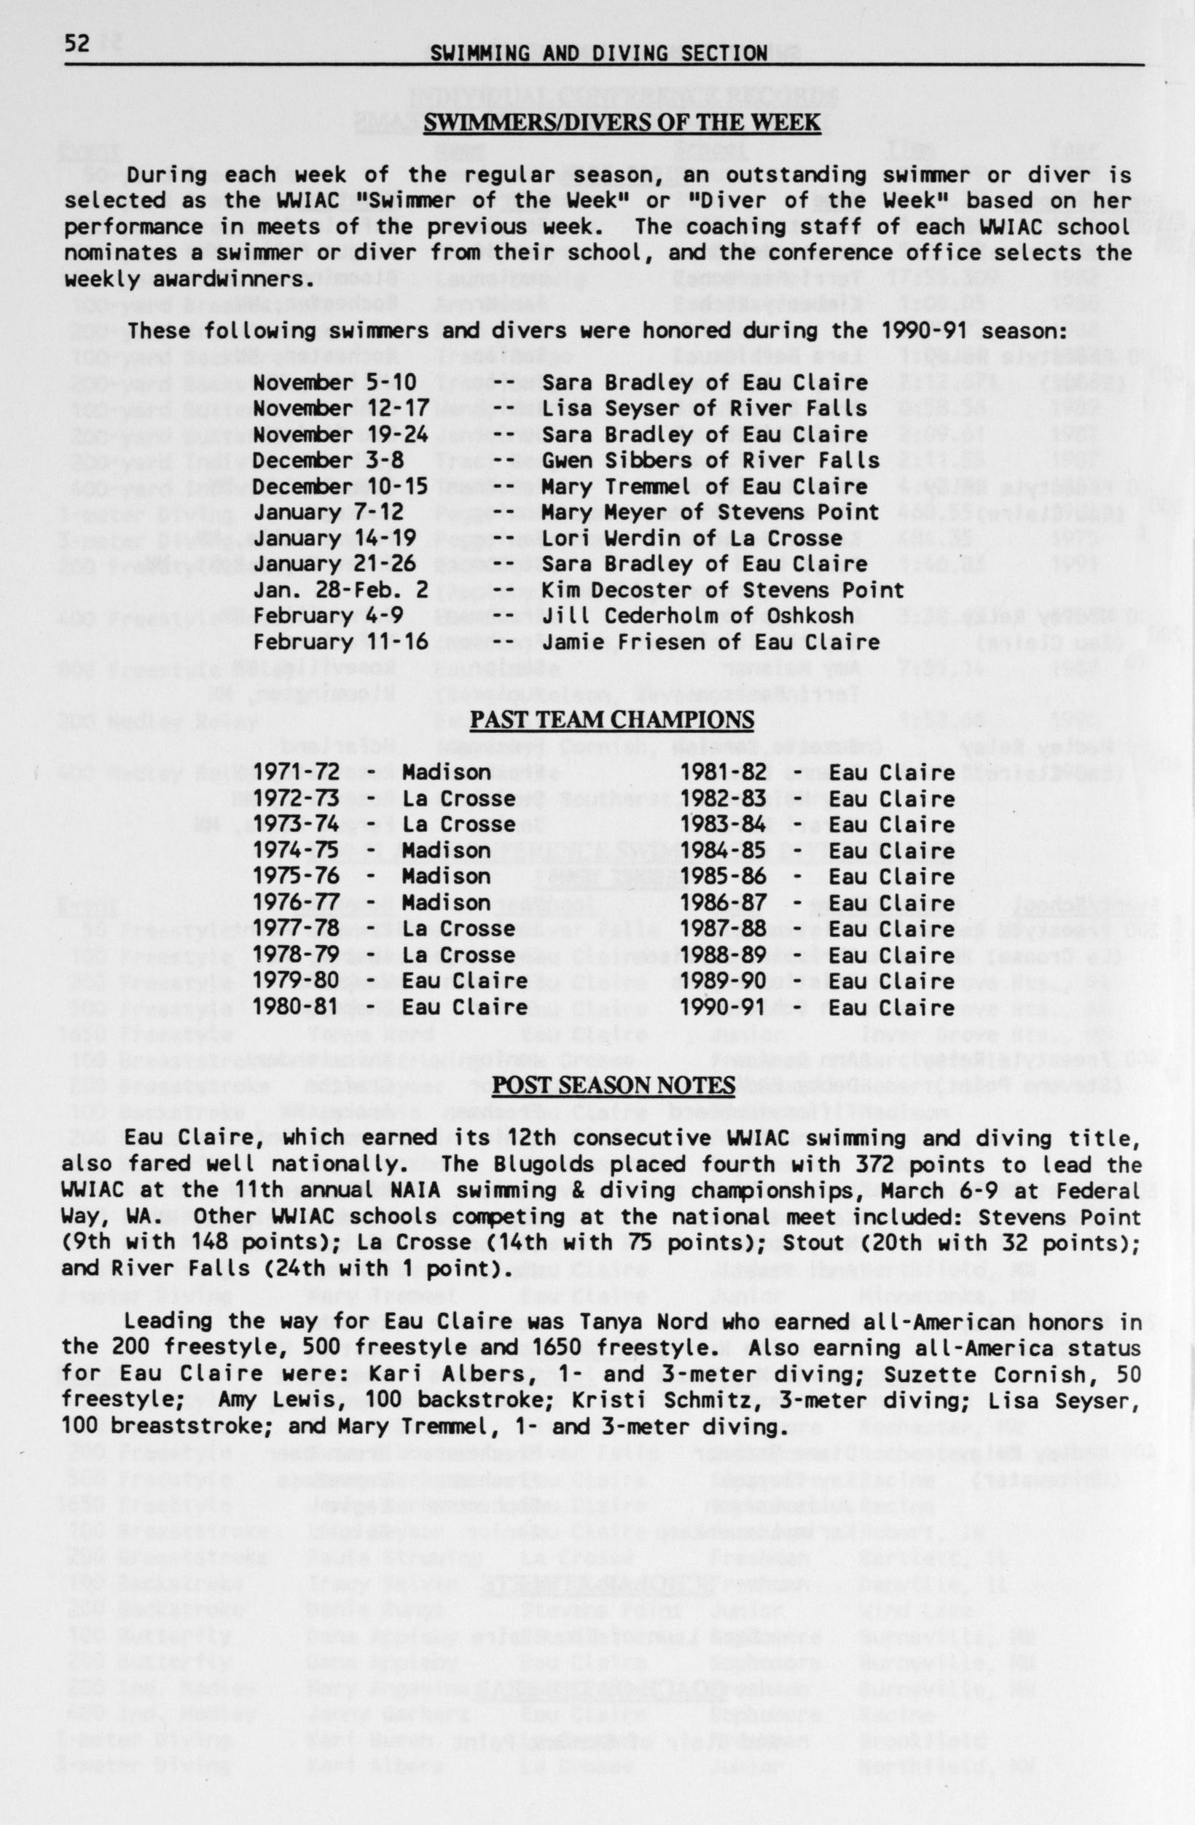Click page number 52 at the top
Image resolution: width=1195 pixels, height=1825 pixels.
[77, 44]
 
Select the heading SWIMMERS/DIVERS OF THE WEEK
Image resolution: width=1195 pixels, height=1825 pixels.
[622, 122]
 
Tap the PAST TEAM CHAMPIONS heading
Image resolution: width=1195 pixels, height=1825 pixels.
[612, 719]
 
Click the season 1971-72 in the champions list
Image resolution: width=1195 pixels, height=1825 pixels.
[296, 772]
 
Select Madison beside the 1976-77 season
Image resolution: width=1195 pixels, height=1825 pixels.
[446, 903]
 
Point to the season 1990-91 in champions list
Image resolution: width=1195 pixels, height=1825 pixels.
[723, 1007]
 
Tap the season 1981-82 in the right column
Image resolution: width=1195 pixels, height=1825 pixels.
[723, 772]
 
